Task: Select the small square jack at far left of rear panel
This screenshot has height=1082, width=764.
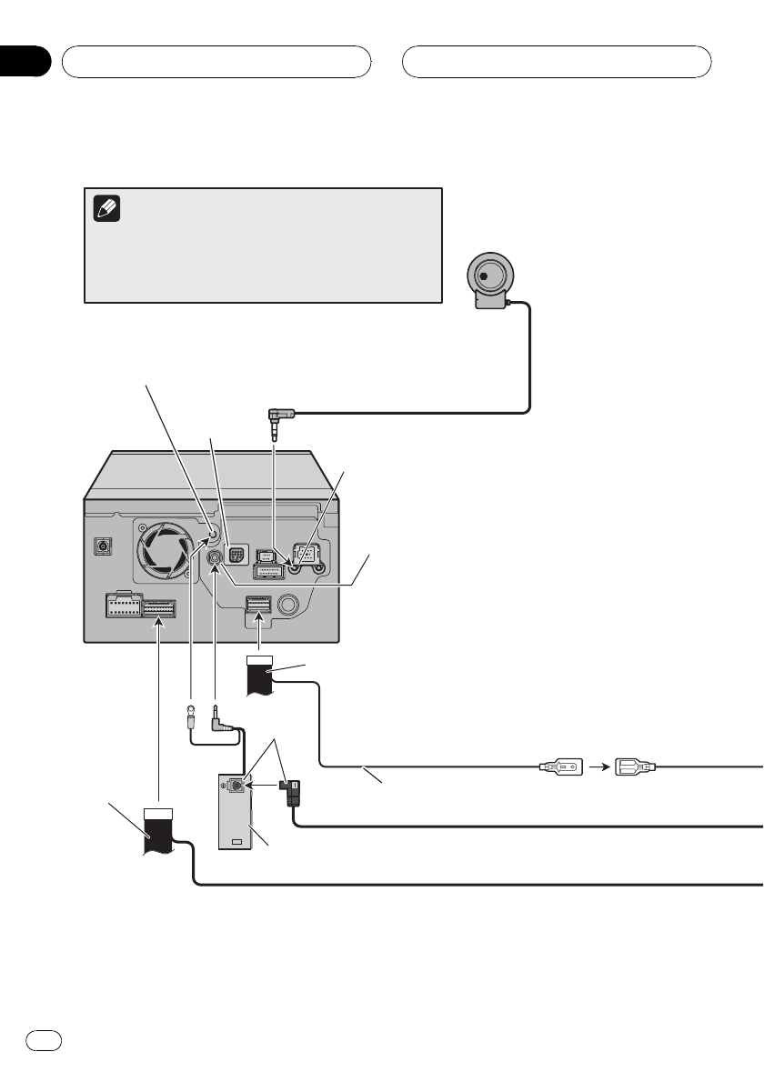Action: [x=103, y=547]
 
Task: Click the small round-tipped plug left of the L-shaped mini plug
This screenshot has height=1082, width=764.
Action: [x=192, y=716]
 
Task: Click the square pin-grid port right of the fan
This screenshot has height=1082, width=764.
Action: [x=236, y=557]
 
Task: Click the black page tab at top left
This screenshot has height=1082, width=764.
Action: [x=25, y=62]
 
